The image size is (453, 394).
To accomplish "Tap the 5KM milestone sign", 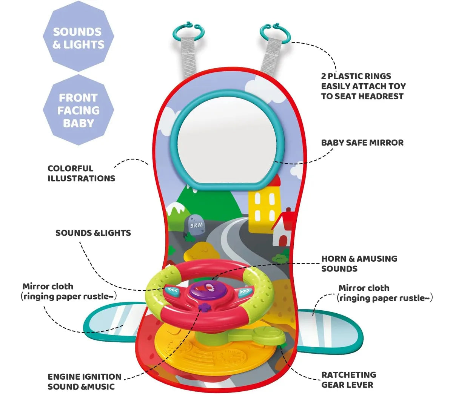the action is coord(196,225).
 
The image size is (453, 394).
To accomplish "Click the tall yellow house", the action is coord(264,204).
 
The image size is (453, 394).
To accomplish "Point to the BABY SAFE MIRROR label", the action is coord(362,143).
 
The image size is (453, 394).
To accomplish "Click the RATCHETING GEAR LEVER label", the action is coord(349,380).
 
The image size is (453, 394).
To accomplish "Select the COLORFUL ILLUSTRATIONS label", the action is coord(81,173).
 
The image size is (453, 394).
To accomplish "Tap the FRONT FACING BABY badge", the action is coord(79,110).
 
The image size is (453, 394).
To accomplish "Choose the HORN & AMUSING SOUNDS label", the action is coord(359,263).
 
